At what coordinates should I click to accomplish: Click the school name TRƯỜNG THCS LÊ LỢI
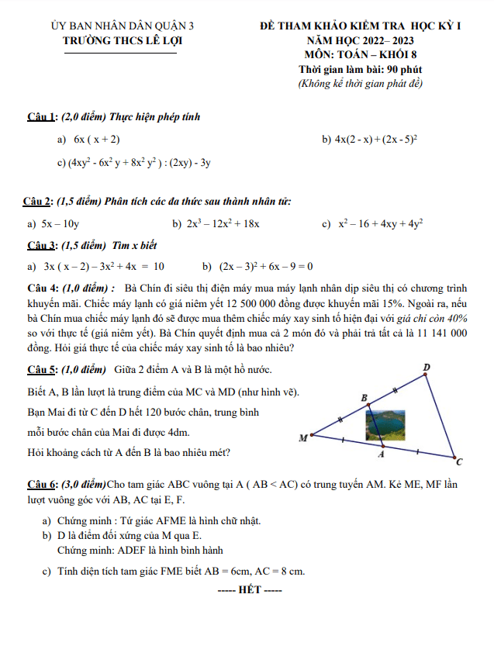(x=120, y=42)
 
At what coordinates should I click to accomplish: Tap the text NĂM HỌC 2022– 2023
(x=360, y=40)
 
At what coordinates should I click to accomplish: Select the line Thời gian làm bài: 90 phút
(x=360, y=70)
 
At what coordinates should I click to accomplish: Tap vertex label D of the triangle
(x=427, y=366)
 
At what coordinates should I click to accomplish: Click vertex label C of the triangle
(x=459, y=462)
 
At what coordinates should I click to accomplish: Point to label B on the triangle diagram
(x=365, y=397)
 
